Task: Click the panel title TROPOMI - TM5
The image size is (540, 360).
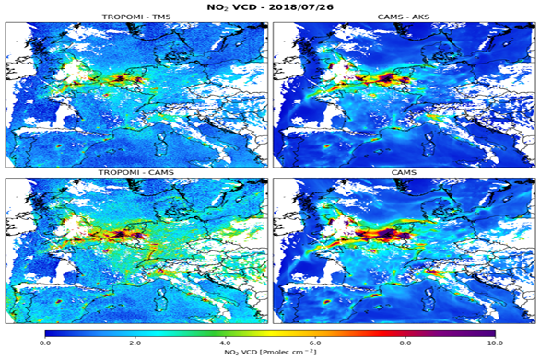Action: point(136,17)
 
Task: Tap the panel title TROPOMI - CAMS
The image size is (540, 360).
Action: point(136,172)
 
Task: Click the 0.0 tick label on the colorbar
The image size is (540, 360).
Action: point(45,342)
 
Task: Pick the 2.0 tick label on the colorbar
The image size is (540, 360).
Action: point(135,342)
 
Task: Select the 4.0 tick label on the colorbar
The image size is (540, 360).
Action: point(225,342)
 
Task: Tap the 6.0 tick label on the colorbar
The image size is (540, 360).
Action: point(315,342)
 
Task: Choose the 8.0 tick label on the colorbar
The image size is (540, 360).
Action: point(405,342)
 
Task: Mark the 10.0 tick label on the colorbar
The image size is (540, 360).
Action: point(494,342)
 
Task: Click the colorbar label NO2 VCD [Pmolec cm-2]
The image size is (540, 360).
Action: point(270,353)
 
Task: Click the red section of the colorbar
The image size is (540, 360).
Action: point(387,332)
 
